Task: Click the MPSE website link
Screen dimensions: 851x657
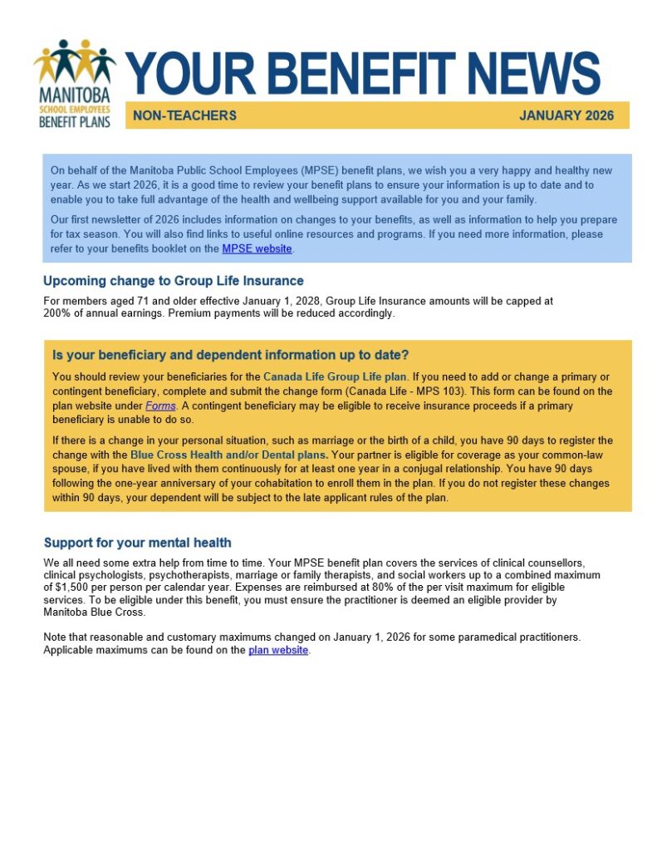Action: click(257, 248)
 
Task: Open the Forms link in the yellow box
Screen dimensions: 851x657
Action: click(160, 406)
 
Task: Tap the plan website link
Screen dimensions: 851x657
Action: click(278, 650)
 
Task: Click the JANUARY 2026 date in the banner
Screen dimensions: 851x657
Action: click(566, 116)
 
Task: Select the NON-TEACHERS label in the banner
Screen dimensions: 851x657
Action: click(184, 116)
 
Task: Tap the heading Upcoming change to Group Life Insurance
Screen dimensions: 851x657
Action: click(174, 281)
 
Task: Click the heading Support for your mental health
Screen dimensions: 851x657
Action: click(137, 543)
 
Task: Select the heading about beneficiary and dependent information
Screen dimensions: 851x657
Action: click(230, 356)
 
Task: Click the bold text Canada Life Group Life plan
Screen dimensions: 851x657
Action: click(335, 376)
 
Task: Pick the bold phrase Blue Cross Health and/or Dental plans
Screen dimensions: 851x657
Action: click(228, 455)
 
